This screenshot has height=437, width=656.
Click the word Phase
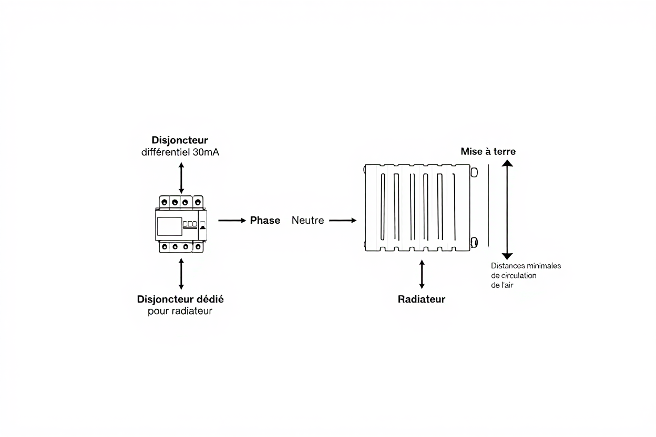pos(265,221)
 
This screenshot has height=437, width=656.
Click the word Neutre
pos(307,221)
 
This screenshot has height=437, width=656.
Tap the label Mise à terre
pos(488,151)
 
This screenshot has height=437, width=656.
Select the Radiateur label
pos(422,299)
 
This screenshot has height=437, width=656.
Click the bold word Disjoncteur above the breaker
pos(180,140)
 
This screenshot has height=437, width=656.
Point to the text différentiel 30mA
pos(180,153)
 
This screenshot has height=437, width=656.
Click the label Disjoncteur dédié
pos(180,299)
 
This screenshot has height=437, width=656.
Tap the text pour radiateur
pos(180,311)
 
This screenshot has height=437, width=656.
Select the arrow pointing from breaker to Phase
pos(232,221)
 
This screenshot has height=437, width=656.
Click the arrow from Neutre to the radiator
pos(343,221)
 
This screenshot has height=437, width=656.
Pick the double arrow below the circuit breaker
pos(181,273)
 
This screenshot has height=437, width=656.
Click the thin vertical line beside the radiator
pos(488,205)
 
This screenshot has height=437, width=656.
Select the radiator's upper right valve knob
pos(475,172)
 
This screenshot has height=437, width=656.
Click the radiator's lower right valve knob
pos(475,242)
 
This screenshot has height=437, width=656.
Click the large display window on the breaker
pos(169,226)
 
